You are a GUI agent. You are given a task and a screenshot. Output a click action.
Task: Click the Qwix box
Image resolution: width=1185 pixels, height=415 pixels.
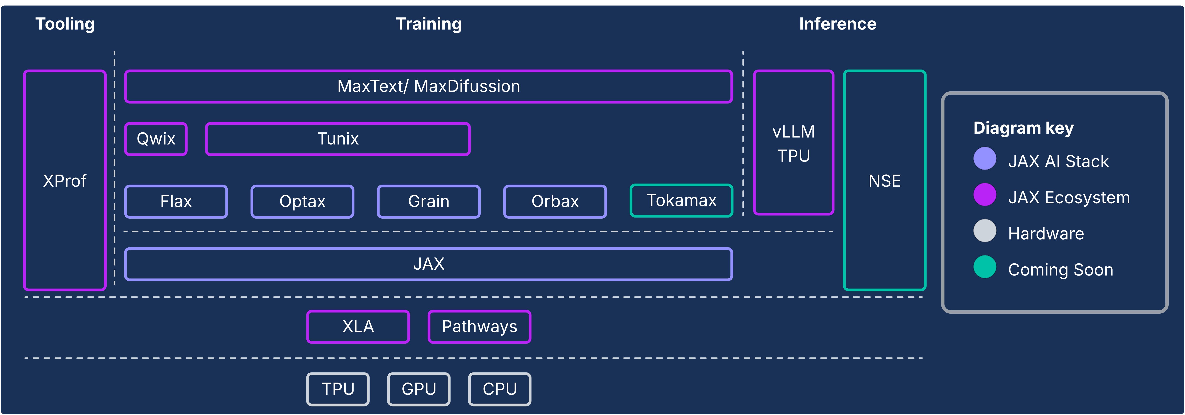(x=156, y=139)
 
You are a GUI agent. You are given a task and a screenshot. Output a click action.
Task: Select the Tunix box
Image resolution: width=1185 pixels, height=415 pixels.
(x=338, y=139)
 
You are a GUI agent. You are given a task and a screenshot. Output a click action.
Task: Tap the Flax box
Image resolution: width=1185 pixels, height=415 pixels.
(x=176, y=201)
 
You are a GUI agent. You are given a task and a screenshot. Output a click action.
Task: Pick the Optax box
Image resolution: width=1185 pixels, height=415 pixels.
(x=302, y=201)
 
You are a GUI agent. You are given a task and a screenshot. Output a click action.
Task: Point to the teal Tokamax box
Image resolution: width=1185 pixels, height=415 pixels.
(x=681, y=200)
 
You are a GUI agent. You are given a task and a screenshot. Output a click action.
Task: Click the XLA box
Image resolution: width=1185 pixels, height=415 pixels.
(x=358, y=327)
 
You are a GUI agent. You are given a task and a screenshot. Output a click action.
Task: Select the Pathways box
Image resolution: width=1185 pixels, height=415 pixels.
(x=479, y=327)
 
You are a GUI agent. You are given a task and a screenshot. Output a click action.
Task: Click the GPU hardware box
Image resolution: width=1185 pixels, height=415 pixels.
(x=419, y=389)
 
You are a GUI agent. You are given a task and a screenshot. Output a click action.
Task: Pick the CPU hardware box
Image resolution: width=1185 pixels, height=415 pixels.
(x=500, y=389)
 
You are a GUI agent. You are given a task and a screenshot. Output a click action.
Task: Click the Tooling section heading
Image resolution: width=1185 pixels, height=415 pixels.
(x=65, y=24)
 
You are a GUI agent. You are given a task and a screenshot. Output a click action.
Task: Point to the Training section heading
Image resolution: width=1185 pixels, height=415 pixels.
(x=429, y=24)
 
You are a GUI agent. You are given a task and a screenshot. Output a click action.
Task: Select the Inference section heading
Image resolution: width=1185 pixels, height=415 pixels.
(x=837, y=24)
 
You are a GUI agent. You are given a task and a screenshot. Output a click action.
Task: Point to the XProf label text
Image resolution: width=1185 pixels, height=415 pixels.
(x=65, y=181)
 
